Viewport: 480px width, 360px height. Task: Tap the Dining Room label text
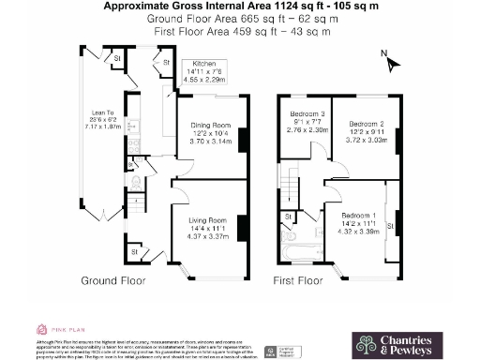[211, 125]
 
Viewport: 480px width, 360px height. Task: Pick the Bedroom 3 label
[306, 117]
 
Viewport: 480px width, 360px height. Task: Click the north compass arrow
[392, 63]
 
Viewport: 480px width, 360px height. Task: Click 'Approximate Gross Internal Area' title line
[240, 7]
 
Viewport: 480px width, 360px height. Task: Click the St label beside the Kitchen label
[166, 64]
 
